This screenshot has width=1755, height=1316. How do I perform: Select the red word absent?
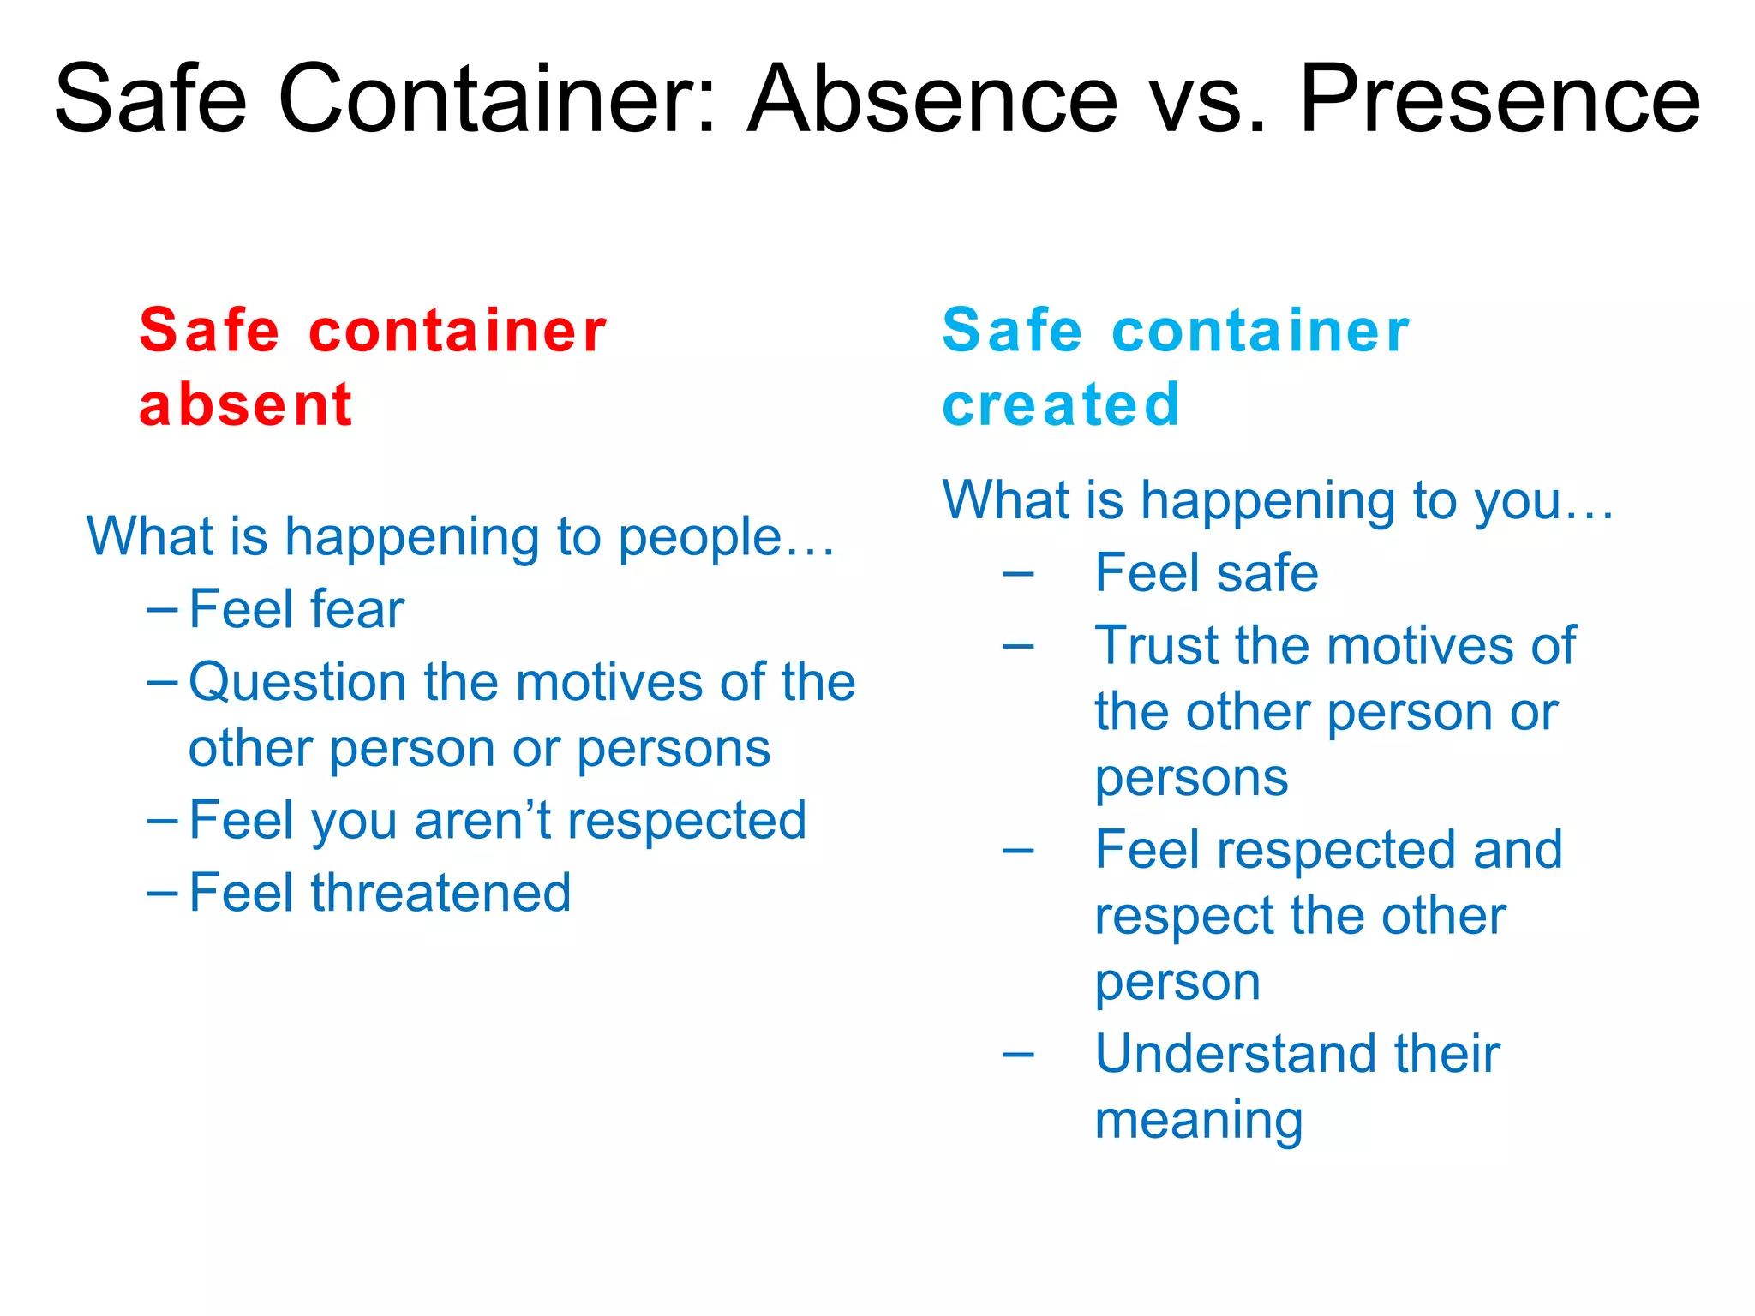(x=245, y=404)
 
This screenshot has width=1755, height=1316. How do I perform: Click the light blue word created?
(x=1061, y=404)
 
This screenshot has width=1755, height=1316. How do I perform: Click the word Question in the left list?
(x=296, y=683)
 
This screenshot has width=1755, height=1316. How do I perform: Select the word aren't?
(x=483, y=820)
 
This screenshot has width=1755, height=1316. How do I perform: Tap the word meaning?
(x=1199, y=1120)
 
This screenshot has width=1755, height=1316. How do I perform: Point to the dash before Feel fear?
(x=162, y=610)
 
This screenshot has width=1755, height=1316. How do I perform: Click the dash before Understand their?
(x=1018, y=1055)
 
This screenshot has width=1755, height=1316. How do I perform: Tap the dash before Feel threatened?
(x=162, y=893)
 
